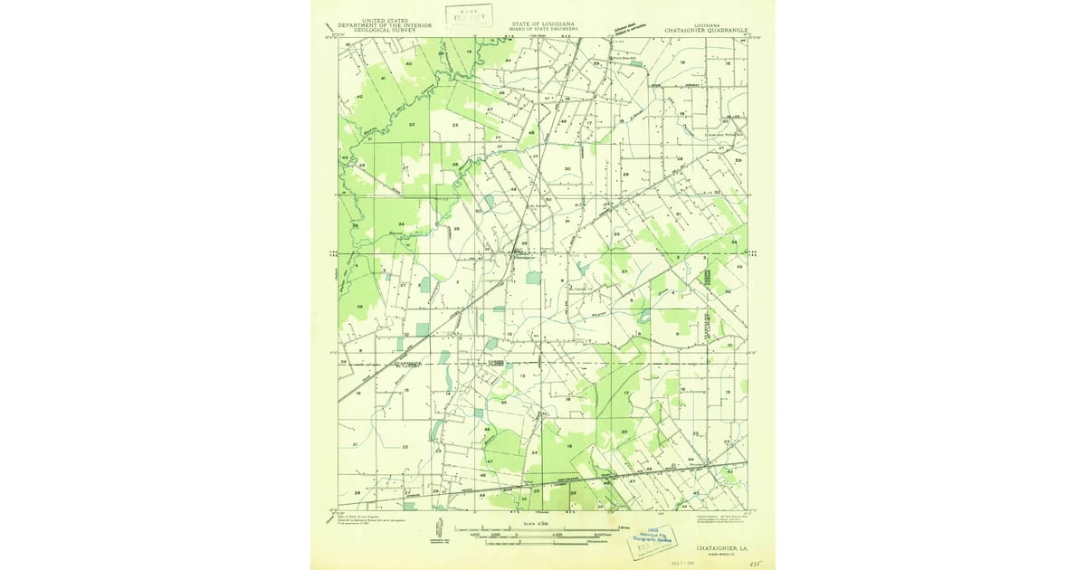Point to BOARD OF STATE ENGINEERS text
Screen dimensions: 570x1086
pos(543,28)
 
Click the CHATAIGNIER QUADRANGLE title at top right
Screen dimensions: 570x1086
pos(706,30)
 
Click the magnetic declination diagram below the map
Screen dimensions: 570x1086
pos(438,529)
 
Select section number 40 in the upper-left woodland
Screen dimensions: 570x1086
pos(408,64)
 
